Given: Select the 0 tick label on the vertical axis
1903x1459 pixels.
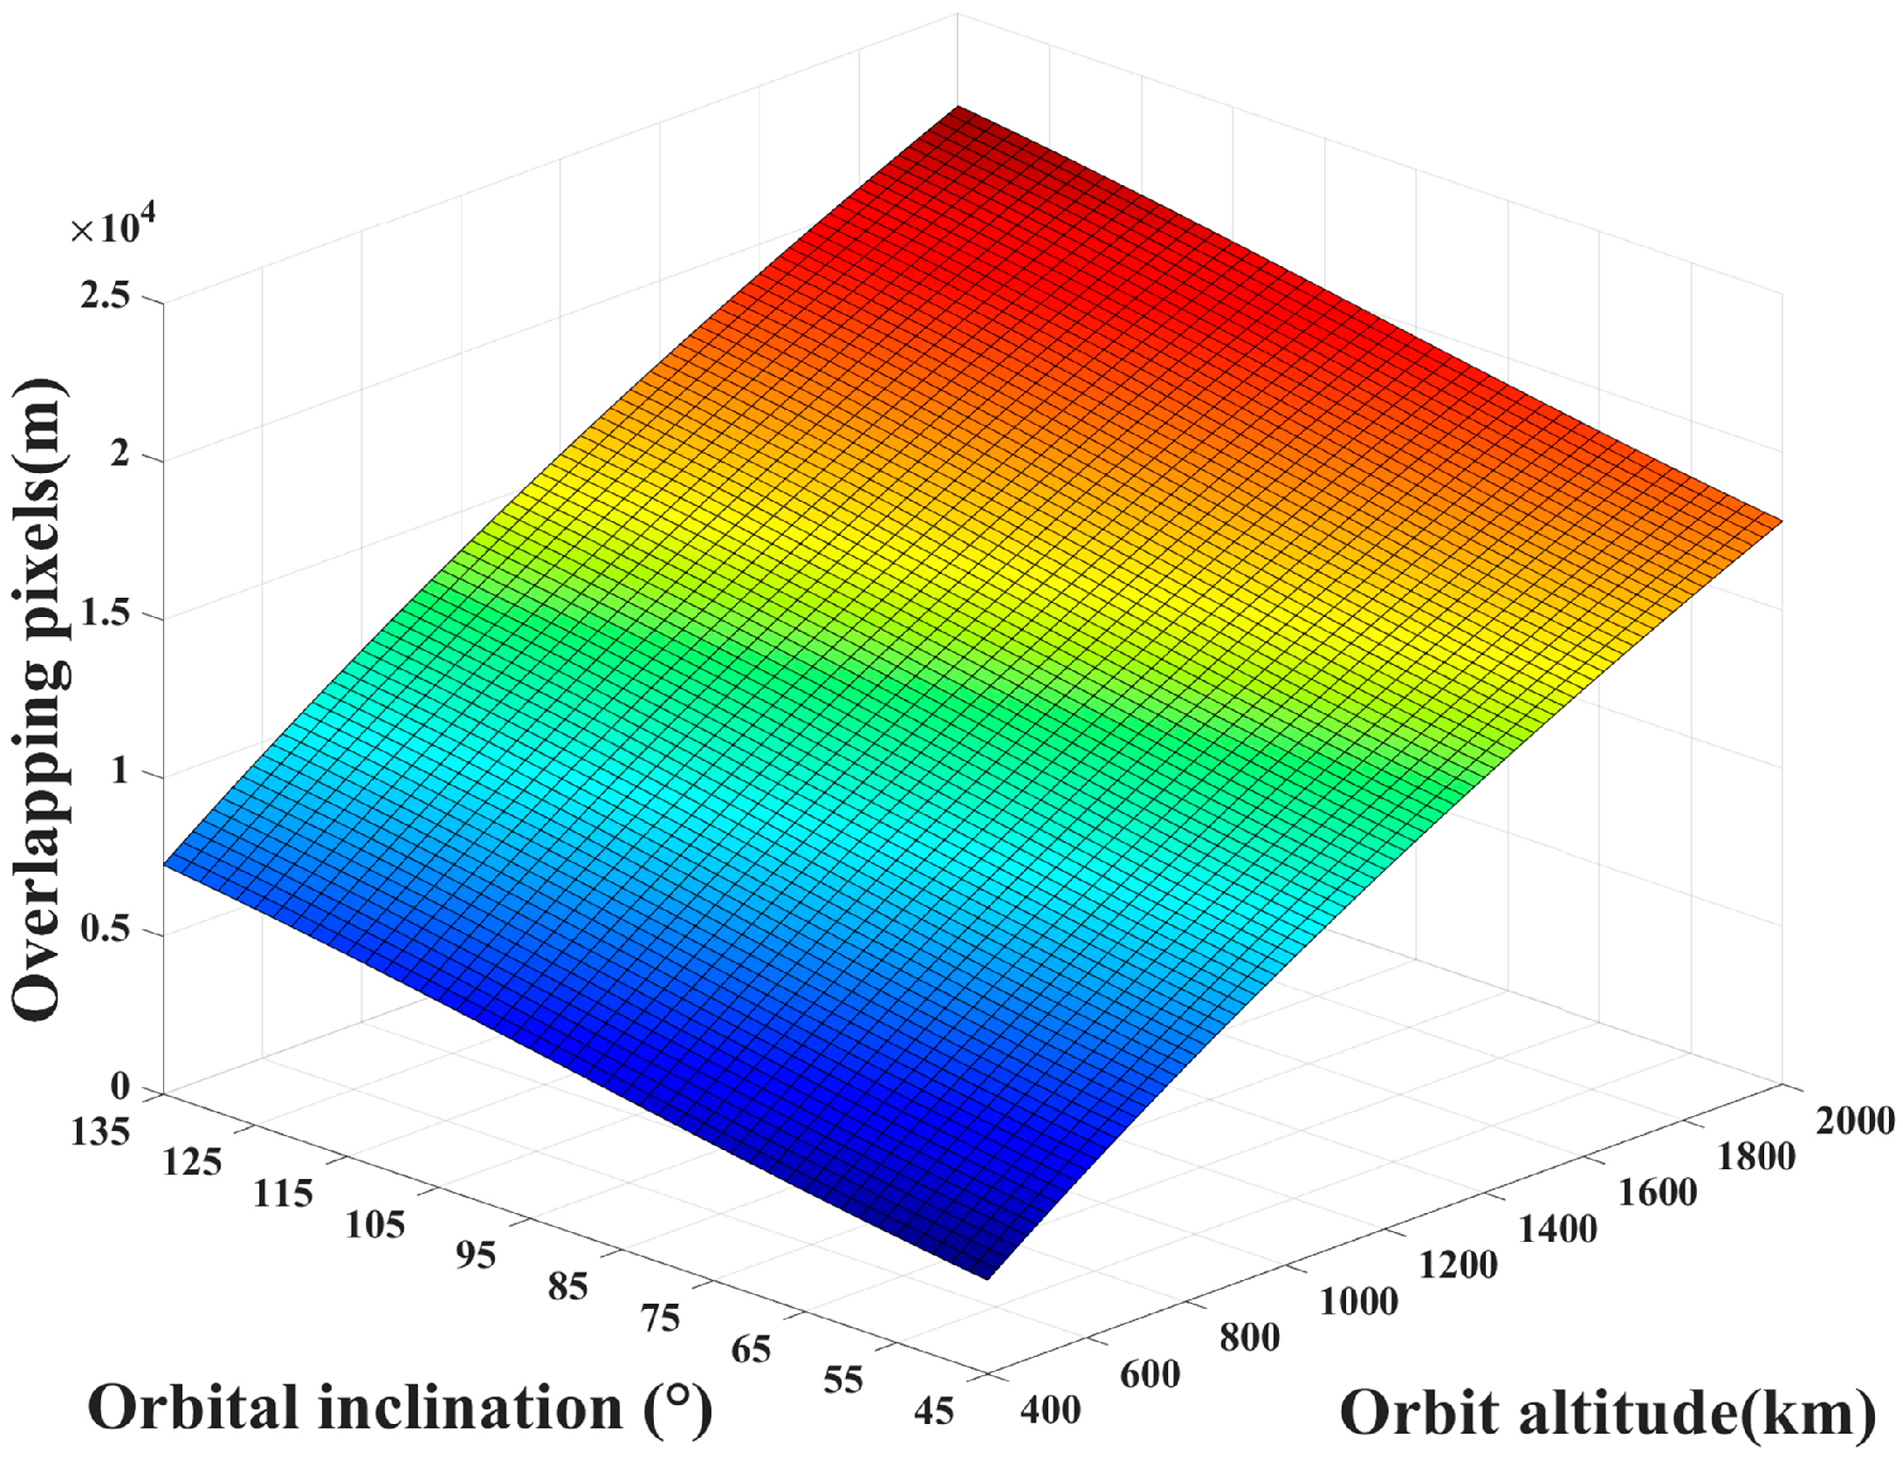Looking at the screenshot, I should [120, 1086].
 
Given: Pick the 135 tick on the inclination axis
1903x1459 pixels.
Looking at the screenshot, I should [100, 1133].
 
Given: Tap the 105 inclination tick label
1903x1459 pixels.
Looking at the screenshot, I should [374, 1226].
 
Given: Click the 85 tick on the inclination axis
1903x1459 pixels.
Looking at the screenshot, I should [567, 1287].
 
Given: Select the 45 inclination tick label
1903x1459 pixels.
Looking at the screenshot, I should [934, 1411].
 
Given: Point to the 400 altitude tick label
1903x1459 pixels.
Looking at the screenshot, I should [1050, 1410].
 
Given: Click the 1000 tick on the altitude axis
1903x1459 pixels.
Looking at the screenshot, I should [1358, 1302].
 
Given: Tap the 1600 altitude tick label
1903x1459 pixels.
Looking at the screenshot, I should [1657, 1193].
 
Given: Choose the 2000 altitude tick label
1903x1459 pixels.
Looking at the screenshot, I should [1854, 1121].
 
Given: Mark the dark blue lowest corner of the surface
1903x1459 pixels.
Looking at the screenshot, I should [986, 1276].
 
